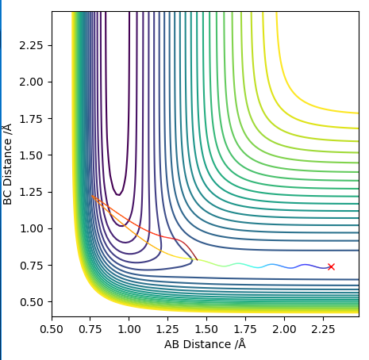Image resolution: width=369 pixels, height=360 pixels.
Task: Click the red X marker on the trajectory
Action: coord(331,266)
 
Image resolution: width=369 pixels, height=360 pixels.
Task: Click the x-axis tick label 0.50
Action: coord(52,329)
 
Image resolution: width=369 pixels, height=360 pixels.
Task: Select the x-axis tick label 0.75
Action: coord(90,329)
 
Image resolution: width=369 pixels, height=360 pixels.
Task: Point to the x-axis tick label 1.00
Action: coord(129,329)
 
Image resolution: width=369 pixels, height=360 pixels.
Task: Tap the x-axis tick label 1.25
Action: coord(167,329)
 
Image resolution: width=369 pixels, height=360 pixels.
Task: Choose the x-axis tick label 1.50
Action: coord(206,329)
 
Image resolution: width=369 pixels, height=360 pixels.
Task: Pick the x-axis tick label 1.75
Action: coord(245,329)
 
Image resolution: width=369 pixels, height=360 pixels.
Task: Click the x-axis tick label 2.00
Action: coord(284,329)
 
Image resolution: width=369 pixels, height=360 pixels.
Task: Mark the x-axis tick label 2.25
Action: coord(323,329)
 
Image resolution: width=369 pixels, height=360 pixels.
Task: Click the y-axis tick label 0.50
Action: coord(31,302)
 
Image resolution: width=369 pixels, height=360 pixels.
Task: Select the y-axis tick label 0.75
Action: coord(31,266)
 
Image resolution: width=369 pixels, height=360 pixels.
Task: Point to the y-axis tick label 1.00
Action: coord(31,228)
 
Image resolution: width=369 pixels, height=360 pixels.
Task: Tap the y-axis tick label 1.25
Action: coord(31,192)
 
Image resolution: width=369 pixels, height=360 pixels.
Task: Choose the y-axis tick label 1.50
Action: coord(31,155)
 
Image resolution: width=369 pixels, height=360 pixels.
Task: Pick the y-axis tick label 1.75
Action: coord(31,119)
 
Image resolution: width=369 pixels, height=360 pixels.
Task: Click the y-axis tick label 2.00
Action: coord(31,82)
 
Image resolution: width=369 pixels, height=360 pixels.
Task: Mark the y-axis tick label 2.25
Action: coord(31,45)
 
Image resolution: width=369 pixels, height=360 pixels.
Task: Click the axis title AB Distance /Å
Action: coord(205,344)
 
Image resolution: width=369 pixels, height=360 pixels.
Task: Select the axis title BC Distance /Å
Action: coord(7,164)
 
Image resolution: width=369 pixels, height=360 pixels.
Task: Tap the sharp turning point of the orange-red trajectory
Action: coord(92,196)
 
